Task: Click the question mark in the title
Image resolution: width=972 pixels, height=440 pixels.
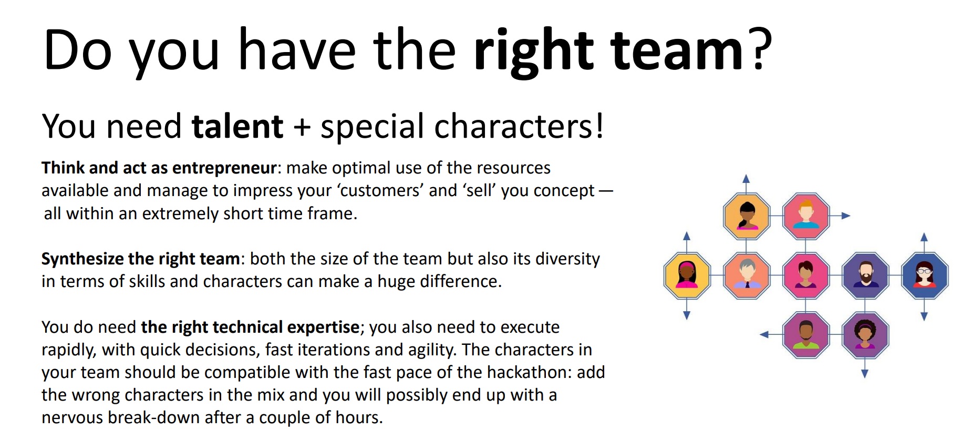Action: point(761,50)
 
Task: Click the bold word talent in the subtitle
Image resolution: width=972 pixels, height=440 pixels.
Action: point(237,127)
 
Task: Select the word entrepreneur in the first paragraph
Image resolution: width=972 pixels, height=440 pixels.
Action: point(224,168)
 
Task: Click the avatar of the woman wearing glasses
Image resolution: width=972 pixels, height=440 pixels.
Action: point(924,275)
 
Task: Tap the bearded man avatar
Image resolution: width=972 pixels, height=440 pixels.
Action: point(865,275)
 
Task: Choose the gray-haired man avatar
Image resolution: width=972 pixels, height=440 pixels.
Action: point(746,275)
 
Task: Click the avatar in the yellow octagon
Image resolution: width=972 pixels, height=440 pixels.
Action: point(687,275)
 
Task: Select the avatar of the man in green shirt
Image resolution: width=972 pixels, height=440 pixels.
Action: point(805,334)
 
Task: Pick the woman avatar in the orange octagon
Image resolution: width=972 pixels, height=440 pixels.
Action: point(746,216)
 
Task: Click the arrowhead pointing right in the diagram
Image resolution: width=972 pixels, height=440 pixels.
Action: point(845,216)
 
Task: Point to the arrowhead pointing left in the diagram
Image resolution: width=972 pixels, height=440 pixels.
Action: point(765,334)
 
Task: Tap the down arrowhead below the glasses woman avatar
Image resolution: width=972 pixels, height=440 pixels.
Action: point(924,316)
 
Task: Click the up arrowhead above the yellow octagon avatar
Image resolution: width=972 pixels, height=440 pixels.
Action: point(687,236)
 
